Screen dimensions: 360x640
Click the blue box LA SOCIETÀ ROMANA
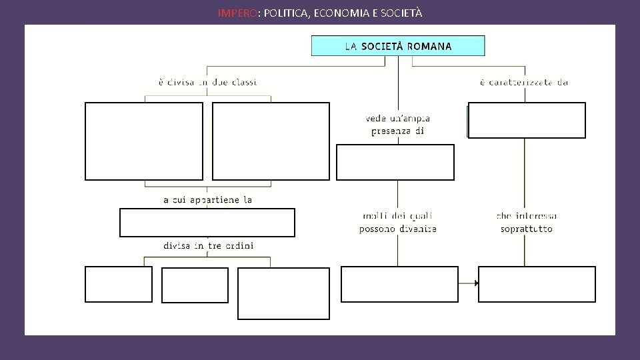398,46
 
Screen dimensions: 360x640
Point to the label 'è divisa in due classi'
207,82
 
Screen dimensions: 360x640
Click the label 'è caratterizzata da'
523,82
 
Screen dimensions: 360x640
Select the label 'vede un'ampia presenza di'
397,125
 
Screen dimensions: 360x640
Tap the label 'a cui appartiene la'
207,199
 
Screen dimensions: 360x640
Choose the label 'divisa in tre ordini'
208,245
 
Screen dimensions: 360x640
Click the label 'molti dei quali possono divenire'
397,223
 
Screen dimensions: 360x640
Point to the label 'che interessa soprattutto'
526,223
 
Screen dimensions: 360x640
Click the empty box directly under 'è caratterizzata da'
527,120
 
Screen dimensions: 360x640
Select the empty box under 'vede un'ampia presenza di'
395,162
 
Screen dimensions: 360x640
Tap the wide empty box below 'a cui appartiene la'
207,223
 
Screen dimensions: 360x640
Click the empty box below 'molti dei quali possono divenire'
399,284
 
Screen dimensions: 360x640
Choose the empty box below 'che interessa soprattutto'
537,284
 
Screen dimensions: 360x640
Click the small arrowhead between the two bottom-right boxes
477,283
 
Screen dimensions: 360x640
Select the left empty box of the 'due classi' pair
144,141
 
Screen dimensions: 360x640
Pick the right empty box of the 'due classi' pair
271,141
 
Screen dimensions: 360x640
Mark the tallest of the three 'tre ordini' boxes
283,293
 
